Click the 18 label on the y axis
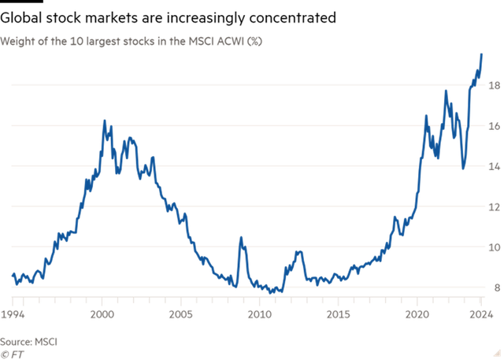pyautogui.click(x=494, y=85)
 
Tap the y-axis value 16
pyautogui.click(x=494, y=126)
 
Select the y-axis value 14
pyautogui.click(x=494, y=167)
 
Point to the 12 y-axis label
pyautogui.click(x=494, y=207)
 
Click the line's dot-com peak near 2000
pyautogui.click(x=105, y=121)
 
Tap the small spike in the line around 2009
pyautogui.click(x=241, y=237)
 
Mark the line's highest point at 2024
pyautogui.click(x=482, y=54)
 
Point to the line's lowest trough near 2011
pyautogui.click(x=272, y=292)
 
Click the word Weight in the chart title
pyautogui.click(x=16, y=39)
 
